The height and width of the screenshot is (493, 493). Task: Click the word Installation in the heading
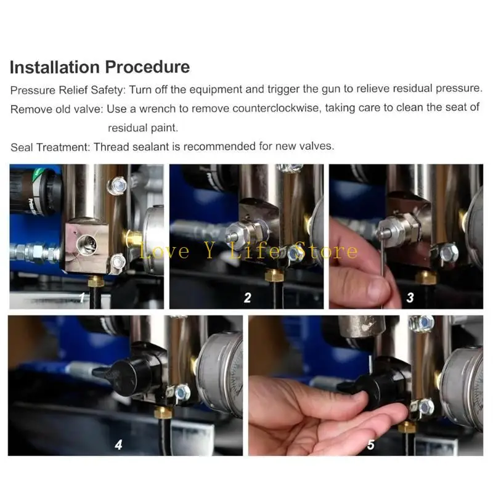(x=55, y=67)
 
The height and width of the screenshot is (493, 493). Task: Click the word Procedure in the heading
(x=147, y=67)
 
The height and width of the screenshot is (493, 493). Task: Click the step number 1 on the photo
(x=82, y=297)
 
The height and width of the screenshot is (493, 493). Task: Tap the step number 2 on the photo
(x=248, y=298)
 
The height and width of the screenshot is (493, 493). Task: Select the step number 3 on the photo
(x=410, y=298)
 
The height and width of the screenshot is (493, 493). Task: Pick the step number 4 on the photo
(x=118, y=444)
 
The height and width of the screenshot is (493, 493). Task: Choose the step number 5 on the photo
(x=371, y=444)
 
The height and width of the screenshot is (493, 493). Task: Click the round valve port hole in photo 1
(x=87, y=245)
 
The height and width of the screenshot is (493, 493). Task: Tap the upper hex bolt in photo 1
(x=117, y=185)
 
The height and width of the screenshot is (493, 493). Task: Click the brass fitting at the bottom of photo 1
(x=96, y=280)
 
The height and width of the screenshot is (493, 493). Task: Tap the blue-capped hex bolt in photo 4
(x=181, y=393)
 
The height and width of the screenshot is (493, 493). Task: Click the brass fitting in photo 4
(x=163, y=412)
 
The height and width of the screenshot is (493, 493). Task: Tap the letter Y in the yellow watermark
(x=210, y=251)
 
